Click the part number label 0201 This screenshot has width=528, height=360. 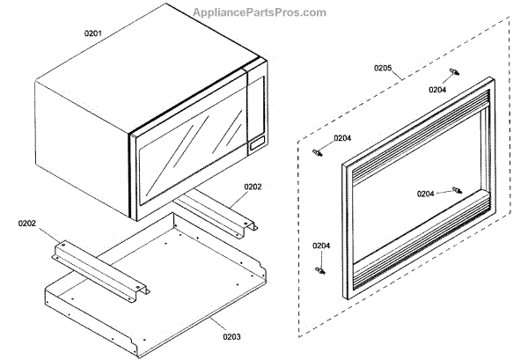coord(93,33)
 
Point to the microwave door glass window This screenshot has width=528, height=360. coord(189,159)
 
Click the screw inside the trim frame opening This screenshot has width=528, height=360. coord(456,190)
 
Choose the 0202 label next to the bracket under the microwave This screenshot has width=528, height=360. coord(253,187)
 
